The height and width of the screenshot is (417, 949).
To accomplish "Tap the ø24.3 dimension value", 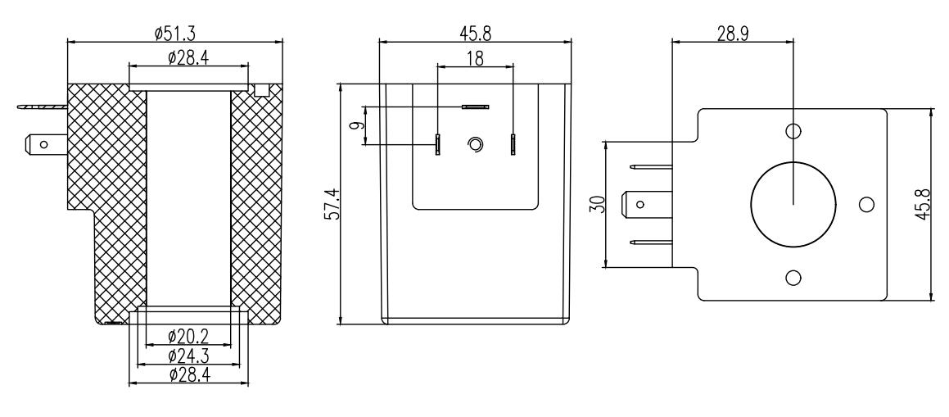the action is click(188, 356).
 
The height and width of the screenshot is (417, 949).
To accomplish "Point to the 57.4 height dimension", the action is click(332, 204).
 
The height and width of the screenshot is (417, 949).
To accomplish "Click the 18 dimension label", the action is click(475, 58).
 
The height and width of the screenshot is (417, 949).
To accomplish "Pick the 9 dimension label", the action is click(357, 126).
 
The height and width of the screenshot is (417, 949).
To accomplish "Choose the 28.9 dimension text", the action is click(732, 34).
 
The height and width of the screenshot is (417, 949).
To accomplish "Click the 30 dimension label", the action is click(599, 205).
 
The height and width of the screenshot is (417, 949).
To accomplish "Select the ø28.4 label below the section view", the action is click(189, 375).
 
